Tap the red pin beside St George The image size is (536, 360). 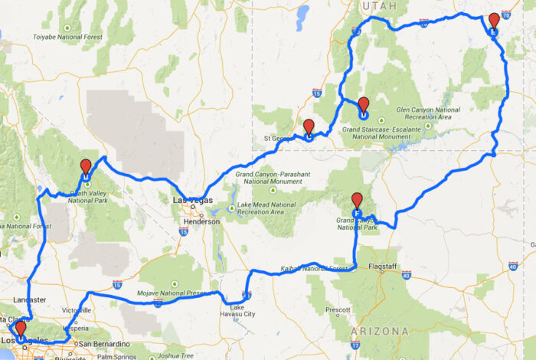(x=309, y=127)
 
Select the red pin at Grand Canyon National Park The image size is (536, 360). (x=357, y=201)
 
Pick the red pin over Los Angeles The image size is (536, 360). (x=21, y=329)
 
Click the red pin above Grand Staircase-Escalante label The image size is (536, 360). (x=364, y=105)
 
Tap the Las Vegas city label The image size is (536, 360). (x=191, y=201)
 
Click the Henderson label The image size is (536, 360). (x=201, y=221)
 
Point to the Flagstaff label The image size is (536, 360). (x=385, y=267)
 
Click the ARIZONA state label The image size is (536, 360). (x=380, y=331)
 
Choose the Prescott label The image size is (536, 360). (x=338, y=310)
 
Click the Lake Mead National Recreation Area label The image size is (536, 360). (x=266, y=208)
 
